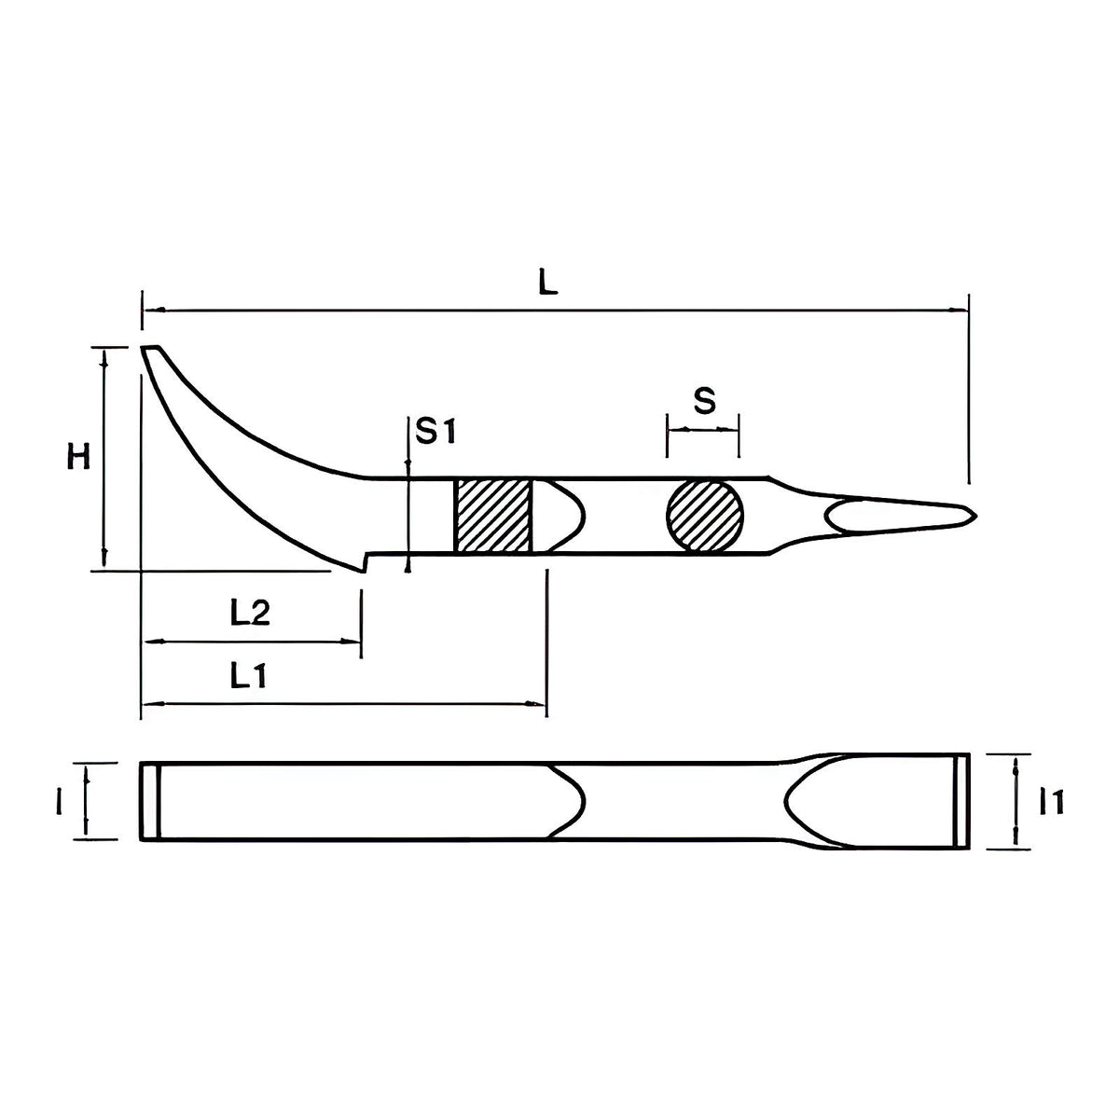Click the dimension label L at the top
coord(547,283)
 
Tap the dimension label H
coord(78,455)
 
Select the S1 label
coord(436,431)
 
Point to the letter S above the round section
coord(705,401)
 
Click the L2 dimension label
coord(250,613)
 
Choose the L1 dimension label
coord(248,675)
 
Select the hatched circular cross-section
coord(705,515)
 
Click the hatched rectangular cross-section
coord(492,515)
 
